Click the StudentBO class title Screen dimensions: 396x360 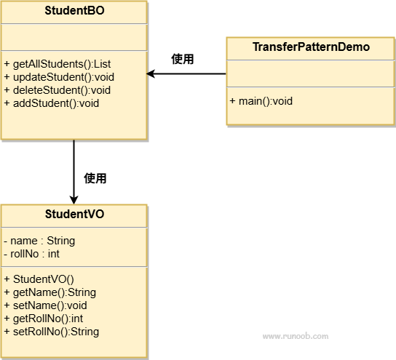pos(74,11)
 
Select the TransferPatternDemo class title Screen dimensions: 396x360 pos(311,47)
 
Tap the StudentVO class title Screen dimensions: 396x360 pos(74,215)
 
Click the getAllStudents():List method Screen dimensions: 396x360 pos(58,64)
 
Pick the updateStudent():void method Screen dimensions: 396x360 pos(59,77)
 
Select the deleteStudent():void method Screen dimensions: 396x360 pos(58,90)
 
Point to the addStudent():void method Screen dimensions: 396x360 pos(52,103)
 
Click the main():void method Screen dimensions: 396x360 pos(261,101)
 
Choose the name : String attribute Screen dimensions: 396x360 pos(39,241)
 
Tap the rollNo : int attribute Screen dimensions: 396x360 pos(31,254)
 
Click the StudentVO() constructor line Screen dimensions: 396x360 pos(39,279)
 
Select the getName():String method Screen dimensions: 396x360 pos(50,292)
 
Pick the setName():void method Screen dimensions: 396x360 pos(45,305)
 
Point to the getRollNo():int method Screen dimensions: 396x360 pos(44,319)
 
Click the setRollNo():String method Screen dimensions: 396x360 pos(52,332)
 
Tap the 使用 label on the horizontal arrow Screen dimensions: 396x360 pos(182,59)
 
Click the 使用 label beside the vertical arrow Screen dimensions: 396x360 pos(95,178)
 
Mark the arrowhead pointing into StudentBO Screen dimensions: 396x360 pos(151,74)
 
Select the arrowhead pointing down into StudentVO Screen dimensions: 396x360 pos(74,200)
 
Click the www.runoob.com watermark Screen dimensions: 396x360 pos(296,336)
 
